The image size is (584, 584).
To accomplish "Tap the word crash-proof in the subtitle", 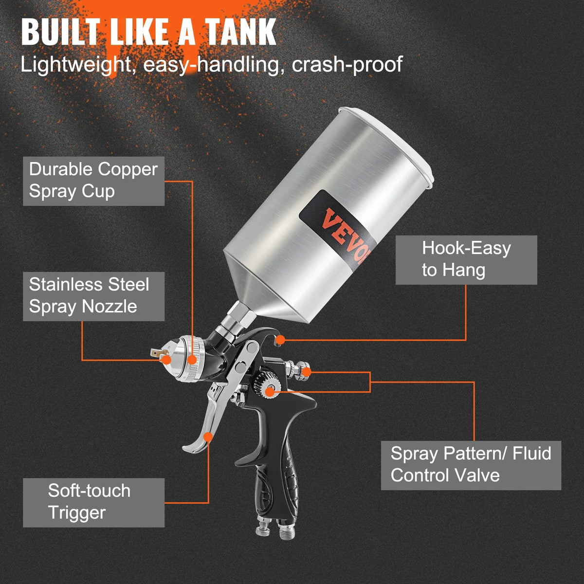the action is point(347,64).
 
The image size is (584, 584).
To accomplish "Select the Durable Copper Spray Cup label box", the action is point(93,181).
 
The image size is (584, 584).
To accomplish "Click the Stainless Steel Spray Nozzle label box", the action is point(93,296).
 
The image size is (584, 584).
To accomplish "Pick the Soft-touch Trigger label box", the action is point(93,502).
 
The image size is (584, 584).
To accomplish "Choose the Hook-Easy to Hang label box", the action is point(466,260).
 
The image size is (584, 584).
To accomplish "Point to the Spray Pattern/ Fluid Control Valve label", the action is point(471,465).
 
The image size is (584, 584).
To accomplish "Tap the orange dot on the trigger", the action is point(208,437).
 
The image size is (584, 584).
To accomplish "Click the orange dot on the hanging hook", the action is point(281,340).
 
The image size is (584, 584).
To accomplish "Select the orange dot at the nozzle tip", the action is point(166,360).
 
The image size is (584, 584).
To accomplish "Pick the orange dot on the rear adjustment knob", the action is point(307,372).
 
